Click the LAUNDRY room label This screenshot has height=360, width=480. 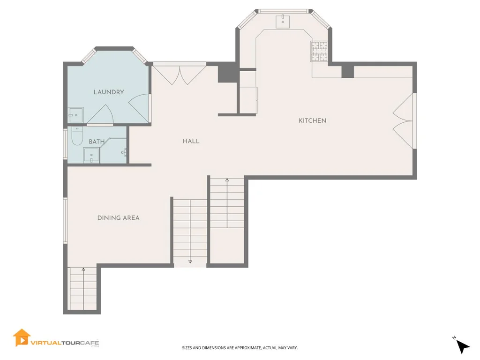[x=109, y=92]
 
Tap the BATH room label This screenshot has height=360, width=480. [x=97, y=142]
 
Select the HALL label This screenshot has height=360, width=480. [x=191, y=141]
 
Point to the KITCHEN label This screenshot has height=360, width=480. [x=313, y=120]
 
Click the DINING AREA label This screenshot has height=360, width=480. [x=119, y=218]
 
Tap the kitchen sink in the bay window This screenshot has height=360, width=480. [x=283, y=22]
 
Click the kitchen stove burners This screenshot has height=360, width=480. [x=319, y=51]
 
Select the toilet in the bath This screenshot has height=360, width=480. [x=77, y=136]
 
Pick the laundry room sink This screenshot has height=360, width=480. [x=75, y=115]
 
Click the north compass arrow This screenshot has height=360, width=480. [x=463, y=346]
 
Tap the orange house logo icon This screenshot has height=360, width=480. [x=22, y=338]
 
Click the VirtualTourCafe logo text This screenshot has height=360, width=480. [x=65, y=343]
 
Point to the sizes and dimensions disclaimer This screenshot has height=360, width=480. [x=240, y=348]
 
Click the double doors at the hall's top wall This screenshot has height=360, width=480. [x=180, y=75]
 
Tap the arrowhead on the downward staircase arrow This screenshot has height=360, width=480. [x=190, y=262]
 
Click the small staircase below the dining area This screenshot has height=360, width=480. [x=83, y=288]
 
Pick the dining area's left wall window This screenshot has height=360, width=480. [x=65, y=220]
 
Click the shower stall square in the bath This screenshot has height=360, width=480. [x=91, y=155]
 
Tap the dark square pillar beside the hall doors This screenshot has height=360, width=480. [x=227, y=72]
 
